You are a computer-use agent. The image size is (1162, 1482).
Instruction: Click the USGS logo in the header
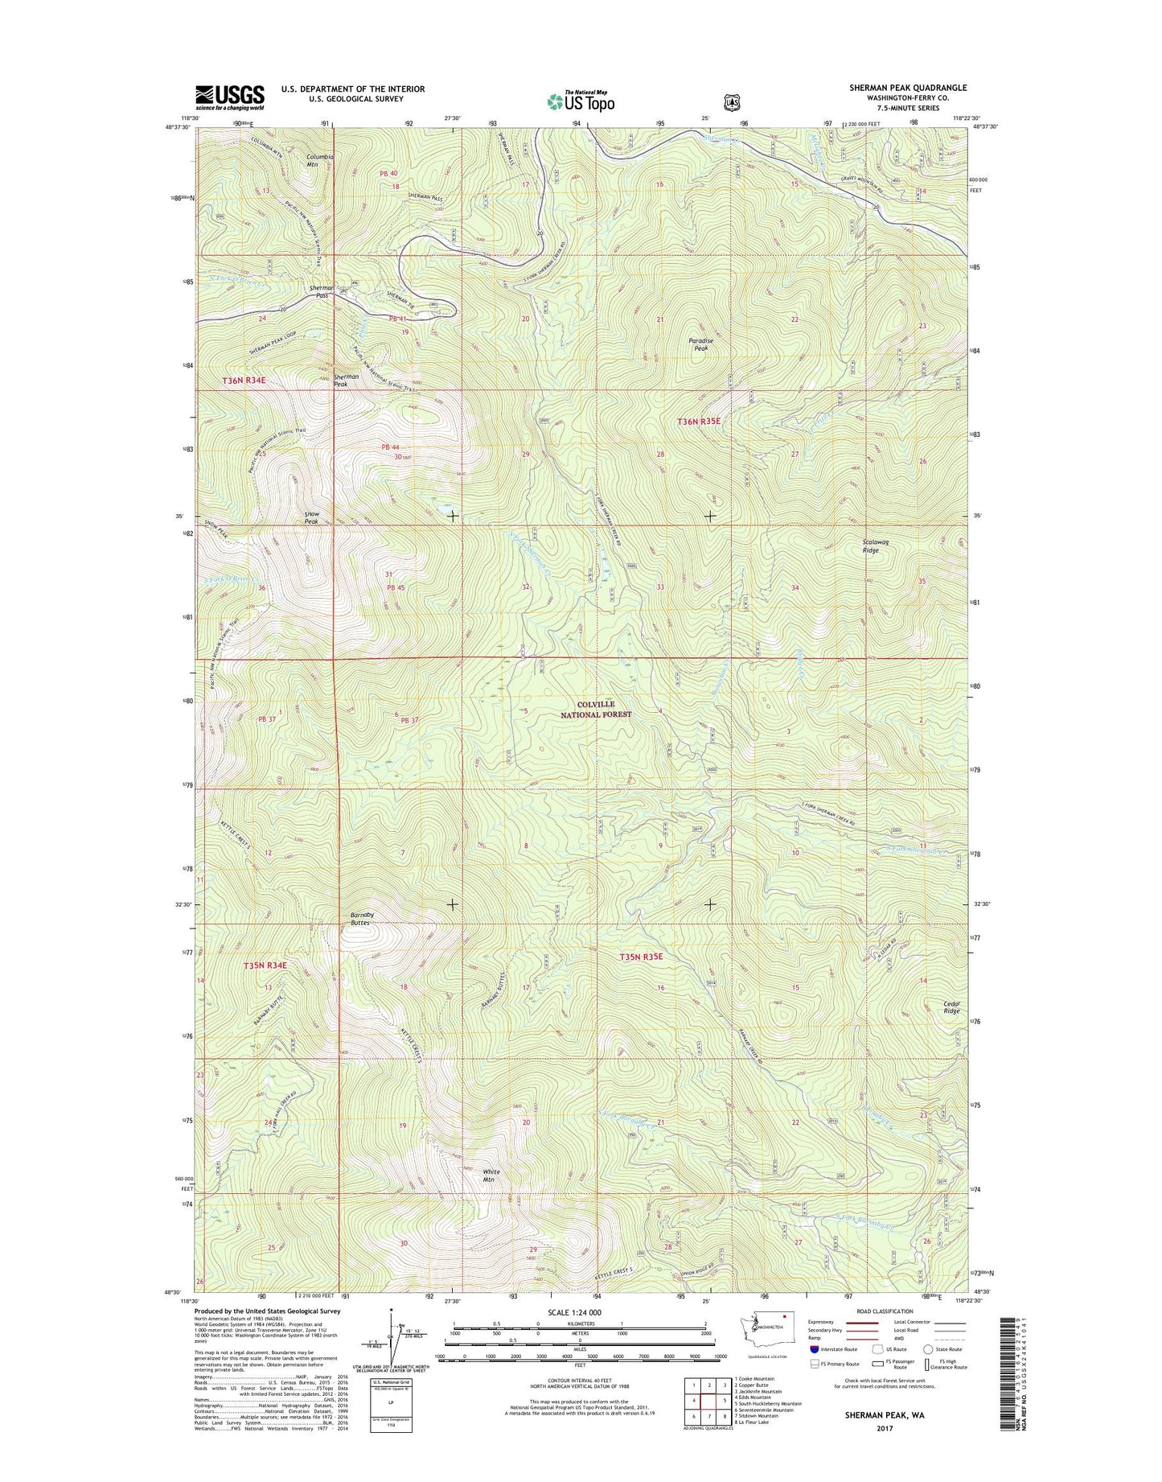coord(229,97)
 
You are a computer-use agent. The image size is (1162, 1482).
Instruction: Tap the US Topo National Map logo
coord(581,101)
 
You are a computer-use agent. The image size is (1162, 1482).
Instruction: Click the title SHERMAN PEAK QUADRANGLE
coord(908,88)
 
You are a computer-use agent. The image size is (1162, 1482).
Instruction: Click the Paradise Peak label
coord(701,344)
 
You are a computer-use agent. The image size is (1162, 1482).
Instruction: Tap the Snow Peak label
coord(311,517)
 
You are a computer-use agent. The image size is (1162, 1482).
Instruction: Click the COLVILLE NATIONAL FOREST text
coord(596,709)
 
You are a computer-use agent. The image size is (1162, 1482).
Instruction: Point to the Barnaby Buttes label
coord(359,919)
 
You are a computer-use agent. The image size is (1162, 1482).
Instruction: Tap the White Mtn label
coord(491,1175)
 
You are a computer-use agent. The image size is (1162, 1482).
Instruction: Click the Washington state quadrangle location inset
coord(766,1338)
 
